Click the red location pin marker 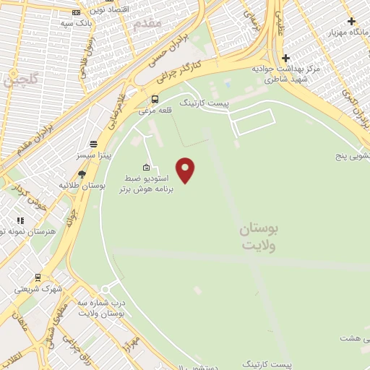[x=186, y=170]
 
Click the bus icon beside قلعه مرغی [x=155, y=100]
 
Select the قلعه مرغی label [x=154, y=111]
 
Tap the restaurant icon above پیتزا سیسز [x=92, y=144]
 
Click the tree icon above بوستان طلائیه [x=82, y=174]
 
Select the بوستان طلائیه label [x=82, y=186]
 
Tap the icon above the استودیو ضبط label [x=147, y=168]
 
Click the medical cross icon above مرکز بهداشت [x=286, y=58]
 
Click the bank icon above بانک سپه [x=77, y=12]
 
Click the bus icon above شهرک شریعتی [x=38, y=277]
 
